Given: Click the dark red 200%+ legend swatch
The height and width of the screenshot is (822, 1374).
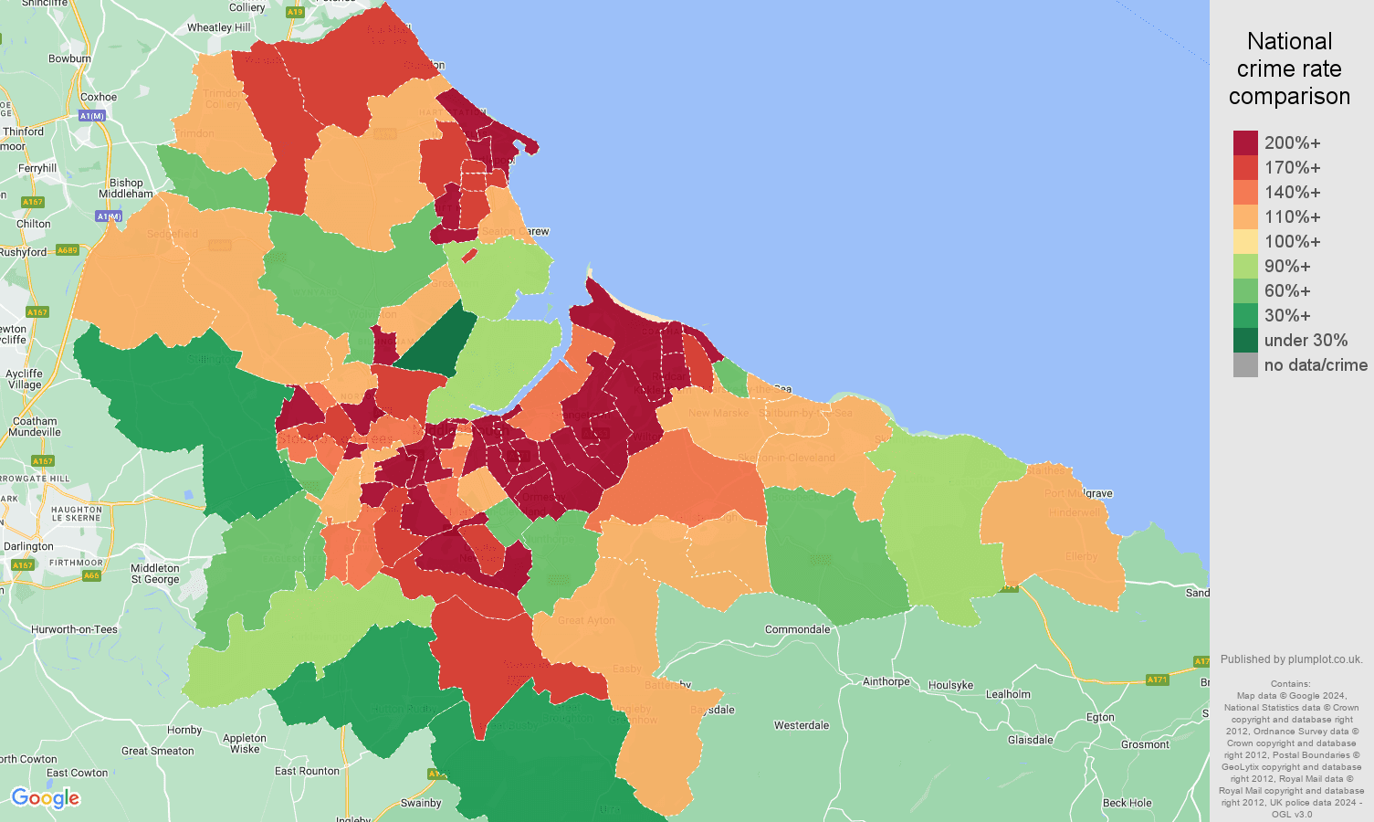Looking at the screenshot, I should pyautogui.click(x=1245, y=142).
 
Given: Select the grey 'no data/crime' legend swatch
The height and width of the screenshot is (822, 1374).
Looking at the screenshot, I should pyautogui.click(x=1245, y=365).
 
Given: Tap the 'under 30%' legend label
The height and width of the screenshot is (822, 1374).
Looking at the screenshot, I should pyautogui.click(x=1306, y=341).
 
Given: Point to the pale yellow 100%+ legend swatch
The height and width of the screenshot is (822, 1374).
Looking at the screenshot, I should pyautogui.click(x=1245, y=241).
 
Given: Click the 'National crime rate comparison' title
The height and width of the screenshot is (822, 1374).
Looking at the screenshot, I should pyautogui.click(x=1289, y=68).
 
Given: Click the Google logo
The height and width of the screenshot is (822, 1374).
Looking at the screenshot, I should pyautogui.click(x=46, y=798).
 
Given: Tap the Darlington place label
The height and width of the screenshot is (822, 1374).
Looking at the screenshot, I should pyautogui.click(x=28, y=546).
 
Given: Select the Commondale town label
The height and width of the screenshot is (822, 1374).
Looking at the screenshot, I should pyautogui.click(x=797, y=629).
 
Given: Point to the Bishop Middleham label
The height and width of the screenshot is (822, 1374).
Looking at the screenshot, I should pyautogui.click(x=126, y=188).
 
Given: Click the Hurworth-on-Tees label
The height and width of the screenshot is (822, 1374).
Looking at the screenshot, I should pyautogui.click(x=74, y=629).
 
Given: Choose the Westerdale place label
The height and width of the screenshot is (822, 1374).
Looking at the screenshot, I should pyautogui.click(x=802, y=725).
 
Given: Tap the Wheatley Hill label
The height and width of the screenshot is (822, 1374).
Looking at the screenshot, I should pyautogui.click(x=218, y=27).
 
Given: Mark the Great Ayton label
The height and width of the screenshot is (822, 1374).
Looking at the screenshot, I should pyautogui.click(x=586, y=620).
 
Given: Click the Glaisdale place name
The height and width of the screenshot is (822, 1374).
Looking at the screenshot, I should pyautogui.click(x=1030, y=740).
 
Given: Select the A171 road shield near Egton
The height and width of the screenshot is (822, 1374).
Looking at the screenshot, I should pyautogui.click(x=1157, y=680).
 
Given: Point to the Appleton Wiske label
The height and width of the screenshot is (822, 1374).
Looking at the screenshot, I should pyautogui.click(x=245, y=743).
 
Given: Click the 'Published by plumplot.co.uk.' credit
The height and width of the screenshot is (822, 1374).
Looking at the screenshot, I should pyautogui.click(x=1291, y=659).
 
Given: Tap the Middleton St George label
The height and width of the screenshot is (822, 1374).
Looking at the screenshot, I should pyautogui.click(x=155, y=574).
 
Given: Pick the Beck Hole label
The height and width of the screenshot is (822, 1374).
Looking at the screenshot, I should pyautogui.click(x=1127, y=803).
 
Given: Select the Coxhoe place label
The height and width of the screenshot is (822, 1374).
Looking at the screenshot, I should pyautogui.click(x=99, y=97).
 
